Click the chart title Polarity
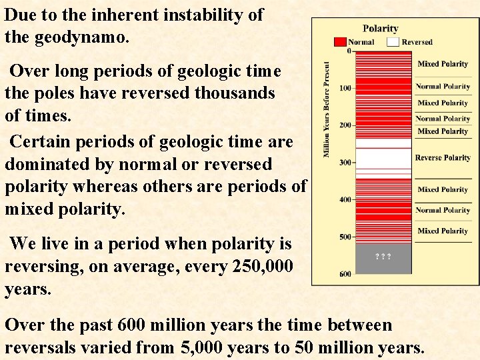click(x=380, y=29)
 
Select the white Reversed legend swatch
click(x=393, y=41)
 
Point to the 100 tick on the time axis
click(x=345, y=89)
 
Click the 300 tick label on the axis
click(x=345, y=163)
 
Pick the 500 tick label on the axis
click(x=345, y=237)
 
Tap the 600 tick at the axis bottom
click(x=345, y=273)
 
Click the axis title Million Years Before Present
click(x=327, y=111)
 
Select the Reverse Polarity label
click(x=443, y=158)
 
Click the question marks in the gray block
click(x=383, y=257)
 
